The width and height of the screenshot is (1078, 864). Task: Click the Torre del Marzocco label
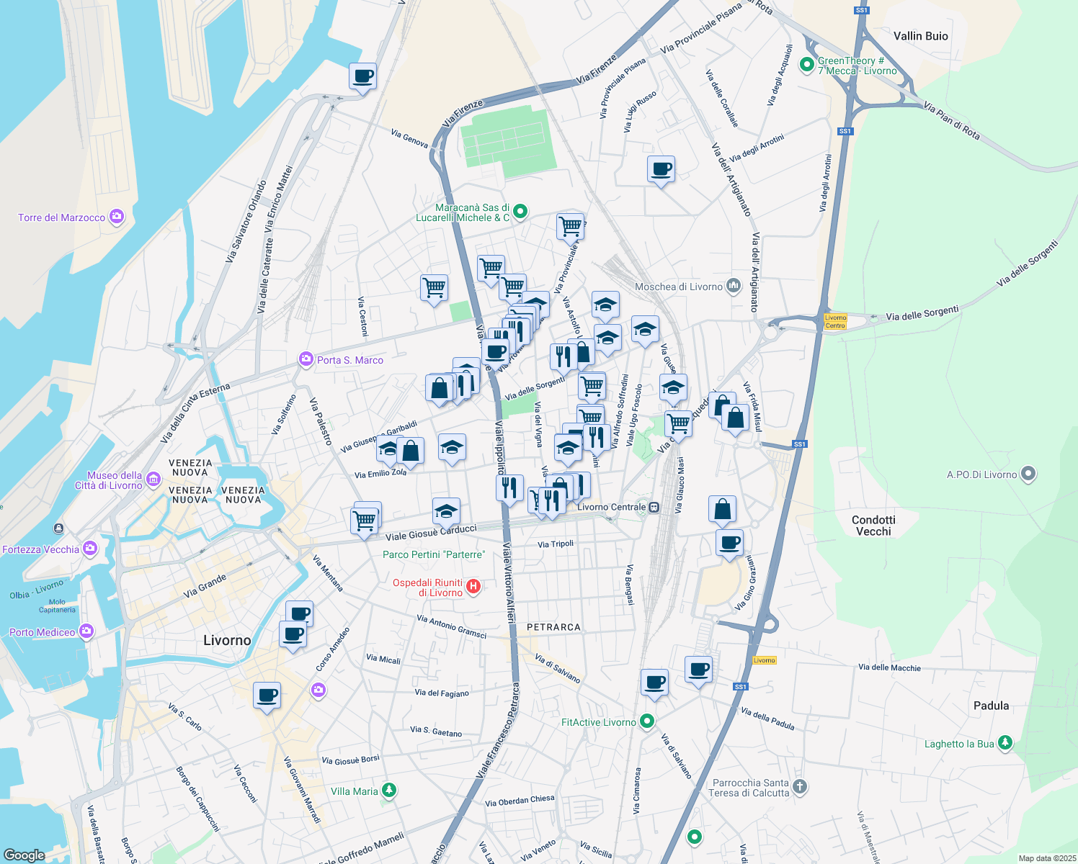pyautogui.click(x=62, y=217)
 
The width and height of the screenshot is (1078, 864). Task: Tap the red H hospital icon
pyautogui.click(x=473, y=587)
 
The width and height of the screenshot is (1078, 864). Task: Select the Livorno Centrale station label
pyautogui.click(x=612, y=507)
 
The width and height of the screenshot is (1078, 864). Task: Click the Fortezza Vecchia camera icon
pyautogui.click(x=89, y=549)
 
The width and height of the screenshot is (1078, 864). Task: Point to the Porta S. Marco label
pyautogui.click(x=350, y=360)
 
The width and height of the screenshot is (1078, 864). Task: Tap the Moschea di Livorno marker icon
pyautogui.click(x=734, y=286)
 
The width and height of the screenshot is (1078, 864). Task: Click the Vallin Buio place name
pyautogui.click(x=920, y=36)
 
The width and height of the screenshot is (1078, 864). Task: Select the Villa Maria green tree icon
pyautogui.click(x=389, y=791)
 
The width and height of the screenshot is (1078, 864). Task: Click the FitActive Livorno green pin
pyautogui.click(x=647, y=721)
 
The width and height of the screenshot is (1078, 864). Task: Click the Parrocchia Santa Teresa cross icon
pyautogui.click(x=799, y=787)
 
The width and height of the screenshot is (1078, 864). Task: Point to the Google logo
pyautogui.click(x=24, y=855)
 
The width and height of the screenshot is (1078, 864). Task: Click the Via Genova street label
pyautogui.click(x=409, y=138)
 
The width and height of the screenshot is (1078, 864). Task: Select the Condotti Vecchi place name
pyautogui.click(x=873, y=526)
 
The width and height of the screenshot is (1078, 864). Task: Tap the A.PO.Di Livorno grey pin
pyautogui.click(x=1029, y=474)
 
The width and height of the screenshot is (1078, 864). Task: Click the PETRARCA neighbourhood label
pyautogui.click(x=553, y=627)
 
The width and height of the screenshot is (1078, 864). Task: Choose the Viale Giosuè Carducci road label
pyautogui.click(x=431, y=533)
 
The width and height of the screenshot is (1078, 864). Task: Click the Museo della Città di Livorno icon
pyautogui.click(x=153, y=479)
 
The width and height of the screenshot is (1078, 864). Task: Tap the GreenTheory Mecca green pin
pyautogui.click(x=806, y=65)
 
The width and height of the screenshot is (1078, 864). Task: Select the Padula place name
pyautogui.click(x=991, y=706)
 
